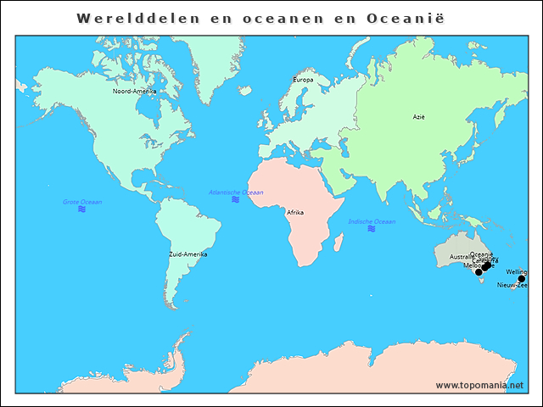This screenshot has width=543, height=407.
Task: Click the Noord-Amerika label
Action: pos(134,91)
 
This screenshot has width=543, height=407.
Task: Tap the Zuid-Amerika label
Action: pos(188,254)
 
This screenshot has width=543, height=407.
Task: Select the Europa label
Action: pos(303,80)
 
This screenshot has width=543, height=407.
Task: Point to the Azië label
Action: pos(418,117)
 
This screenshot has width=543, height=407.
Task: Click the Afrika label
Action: pos(295,212)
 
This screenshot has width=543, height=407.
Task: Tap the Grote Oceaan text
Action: pos(82,202)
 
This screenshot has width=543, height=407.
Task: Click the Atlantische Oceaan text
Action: pos(236,192)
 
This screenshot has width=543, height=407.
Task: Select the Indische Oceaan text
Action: pos(372,221)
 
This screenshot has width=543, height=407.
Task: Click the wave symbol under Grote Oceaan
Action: pos(82,209)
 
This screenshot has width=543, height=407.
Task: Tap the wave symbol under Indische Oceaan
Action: pos(372,229)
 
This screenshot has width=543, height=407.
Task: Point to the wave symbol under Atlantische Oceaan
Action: pos(235,200)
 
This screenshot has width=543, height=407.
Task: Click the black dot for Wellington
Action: pos(521,279)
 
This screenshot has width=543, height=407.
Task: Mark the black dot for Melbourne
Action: pos(479,272)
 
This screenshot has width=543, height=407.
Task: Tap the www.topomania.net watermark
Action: pos(479,385)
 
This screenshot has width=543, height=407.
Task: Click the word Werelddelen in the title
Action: pos(127,18)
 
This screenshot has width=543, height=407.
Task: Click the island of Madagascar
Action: pos(339,244)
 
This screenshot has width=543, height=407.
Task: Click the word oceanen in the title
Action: pos(270,18)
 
